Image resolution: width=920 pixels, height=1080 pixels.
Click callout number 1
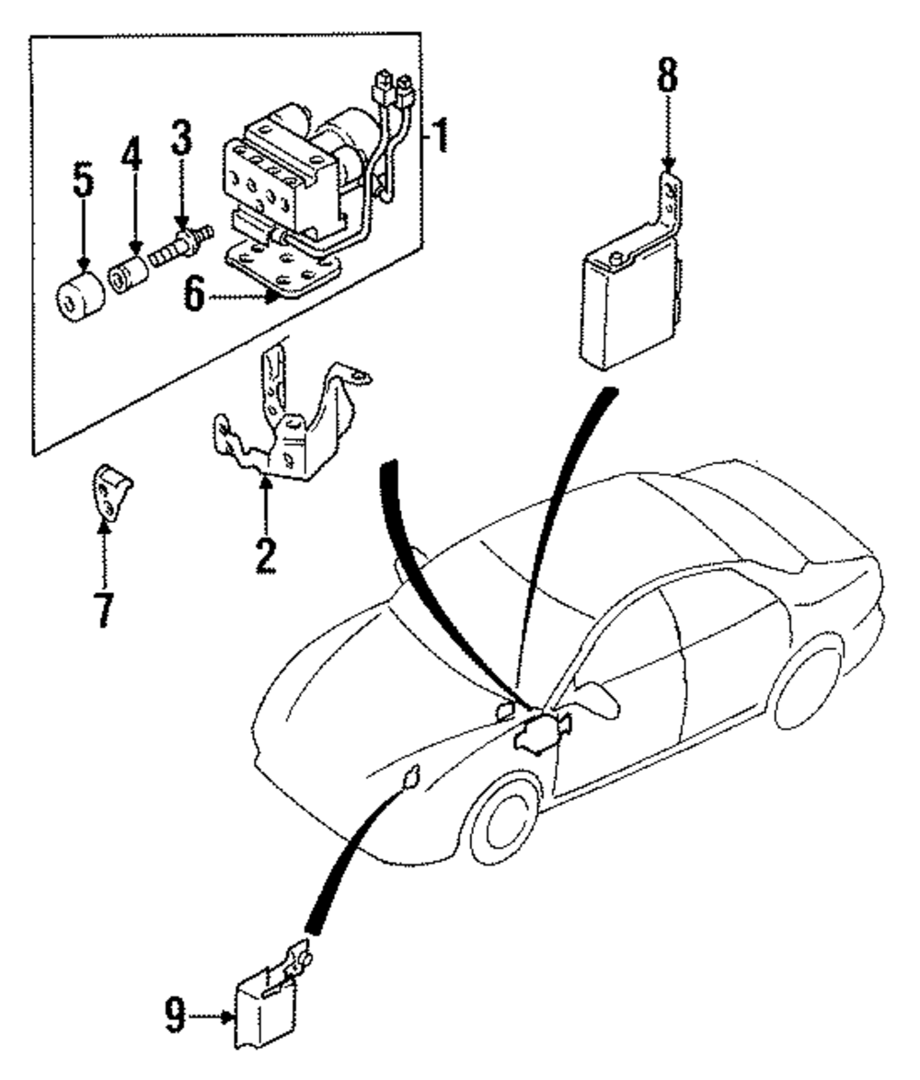coord(441,136)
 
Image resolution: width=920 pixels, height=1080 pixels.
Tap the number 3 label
coord(181,137)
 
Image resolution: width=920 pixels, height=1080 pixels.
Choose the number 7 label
coord(103,609)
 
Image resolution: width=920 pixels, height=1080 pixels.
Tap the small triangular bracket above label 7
coord(111,494)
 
